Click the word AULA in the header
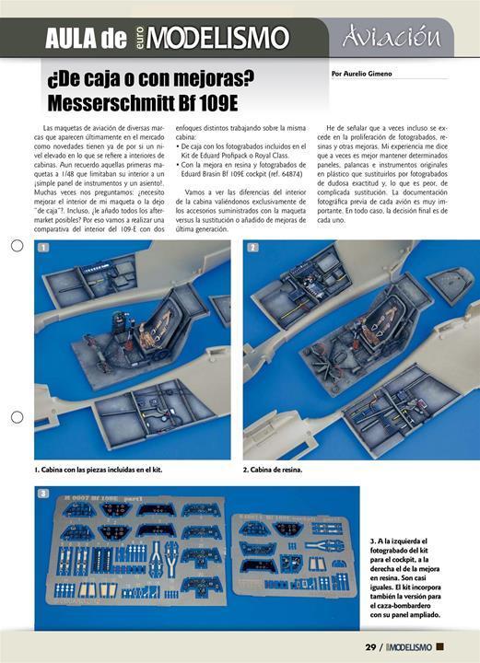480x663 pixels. [71, 39]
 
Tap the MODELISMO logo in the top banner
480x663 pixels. [217, 39]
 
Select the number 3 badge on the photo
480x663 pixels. [43, 494]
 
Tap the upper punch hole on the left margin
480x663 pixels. [17, 246]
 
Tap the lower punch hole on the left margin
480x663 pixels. [17, 417]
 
